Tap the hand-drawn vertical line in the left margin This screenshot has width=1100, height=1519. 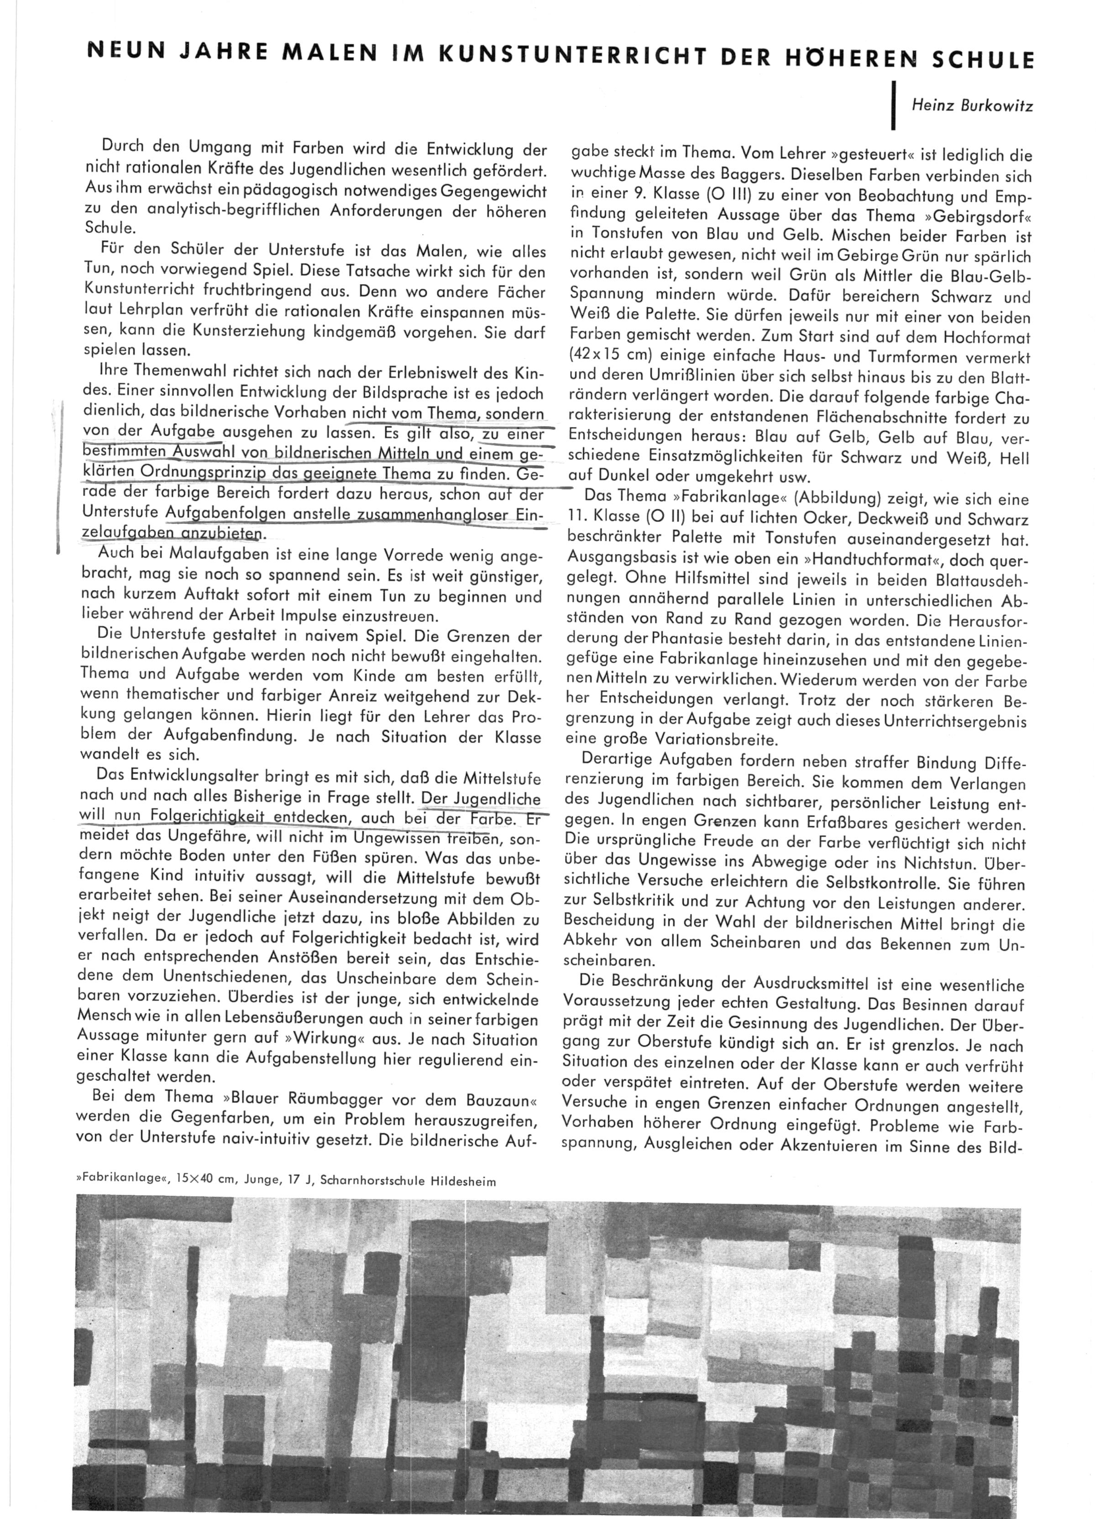coord(60,475)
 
